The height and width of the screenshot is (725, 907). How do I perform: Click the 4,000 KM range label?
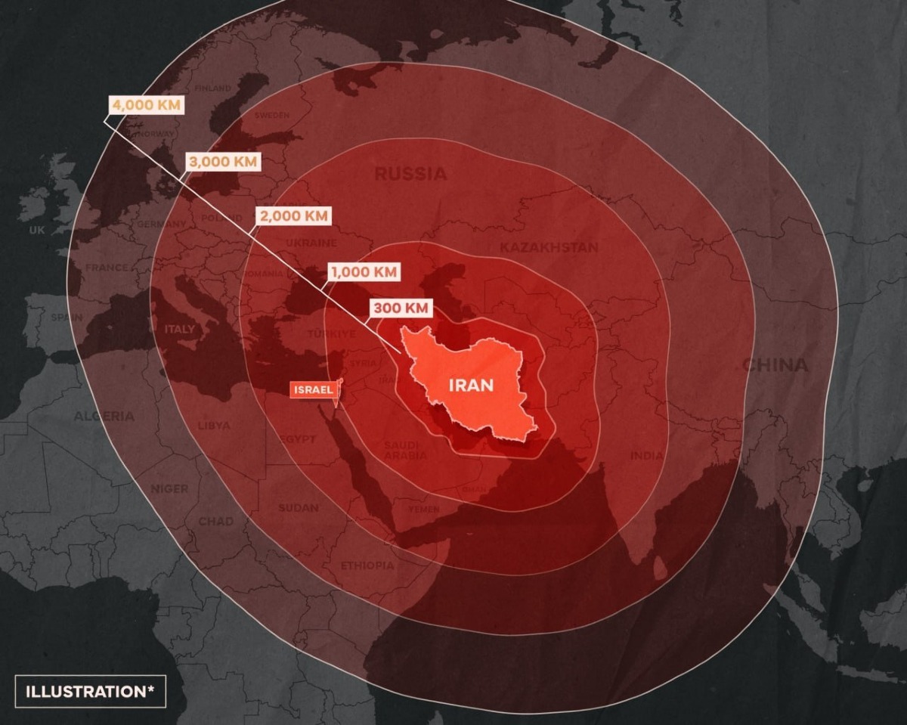point(147,105)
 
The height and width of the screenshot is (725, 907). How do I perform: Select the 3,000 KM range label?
point(223,162)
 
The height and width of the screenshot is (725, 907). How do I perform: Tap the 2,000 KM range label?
point(294,215)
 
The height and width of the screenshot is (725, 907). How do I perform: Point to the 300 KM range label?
point(402,308)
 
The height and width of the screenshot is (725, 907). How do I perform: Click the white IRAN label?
point(471,386)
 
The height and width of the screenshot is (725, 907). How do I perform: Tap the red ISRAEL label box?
point(312,390)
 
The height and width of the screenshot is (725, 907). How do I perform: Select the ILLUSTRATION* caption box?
point(90,691)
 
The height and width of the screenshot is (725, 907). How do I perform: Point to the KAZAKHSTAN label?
point(549,247)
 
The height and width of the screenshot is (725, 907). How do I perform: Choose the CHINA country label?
point(775,366)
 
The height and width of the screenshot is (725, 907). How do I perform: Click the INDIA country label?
point(647,455)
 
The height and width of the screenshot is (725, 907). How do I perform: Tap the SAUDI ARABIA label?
point(405,451)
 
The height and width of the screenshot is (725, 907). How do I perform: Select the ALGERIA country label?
point(104,417)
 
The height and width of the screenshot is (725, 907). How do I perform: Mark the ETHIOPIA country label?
point(367,565)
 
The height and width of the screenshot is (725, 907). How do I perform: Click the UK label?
point(37,230)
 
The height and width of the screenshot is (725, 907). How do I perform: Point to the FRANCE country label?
point(107,268)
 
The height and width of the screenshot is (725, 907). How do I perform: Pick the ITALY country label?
point(180,330)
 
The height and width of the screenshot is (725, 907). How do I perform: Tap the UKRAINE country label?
point(311,243)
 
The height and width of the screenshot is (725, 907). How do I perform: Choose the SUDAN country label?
point(298,508)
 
